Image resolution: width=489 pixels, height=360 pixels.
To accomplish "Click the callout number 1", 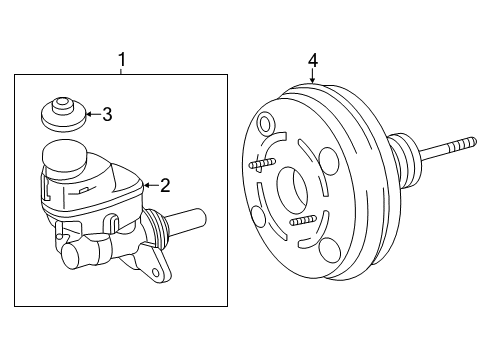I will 122,61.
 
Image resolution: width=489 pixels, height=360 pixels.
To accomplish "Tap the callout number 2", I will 166,184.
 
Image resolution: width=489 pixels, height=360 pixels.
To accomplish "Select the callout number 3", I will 106,114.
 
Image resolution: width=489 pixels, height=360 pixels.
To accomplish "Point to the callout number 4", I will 313,61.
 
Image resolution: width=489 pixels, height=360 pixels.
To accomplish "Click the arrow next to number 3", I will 91,114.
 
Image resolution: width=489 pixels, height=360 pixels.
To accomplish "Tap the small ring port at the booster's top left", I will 264,125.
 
